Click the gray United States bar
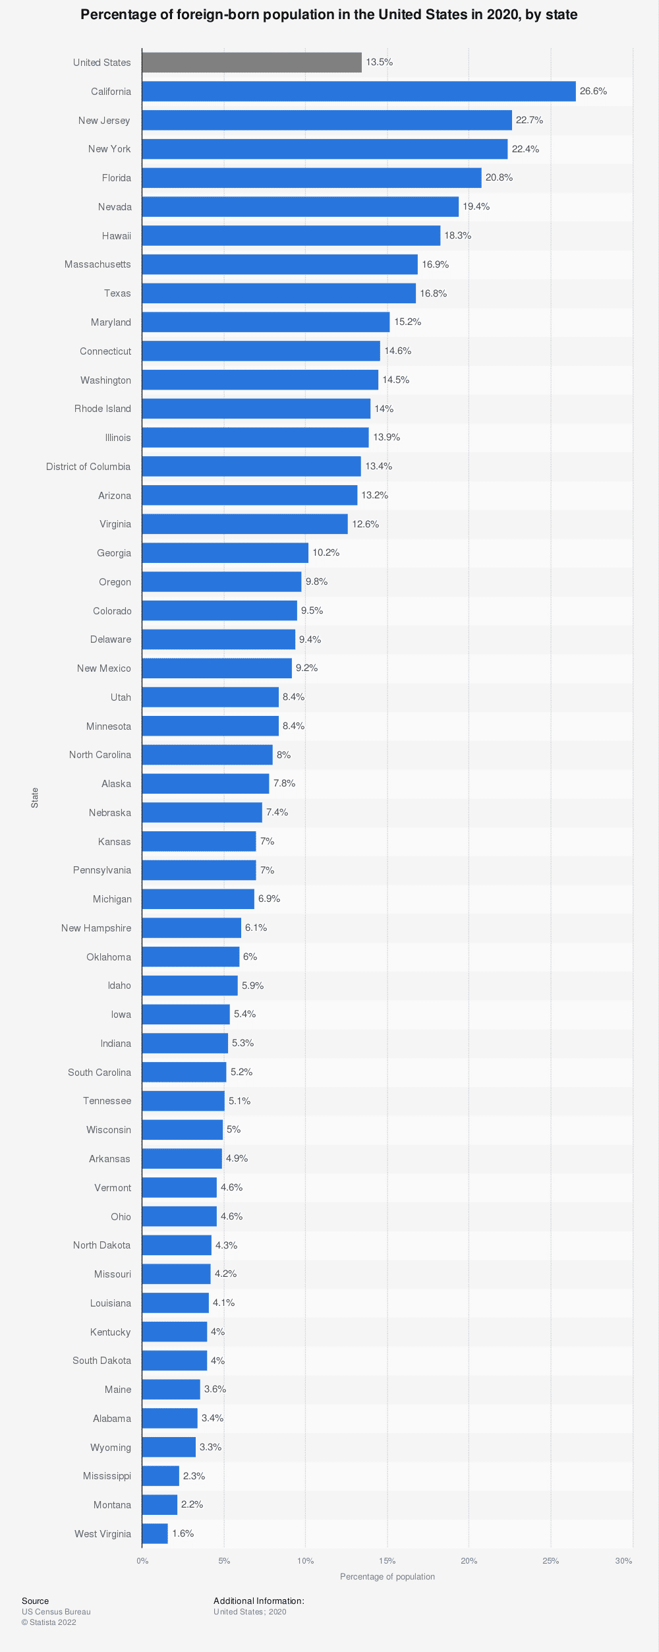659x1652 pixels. [x=252, y=63]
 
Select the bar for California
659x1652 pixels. [x=358, y=92]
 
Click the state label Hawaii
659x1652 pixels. [x=117, y=236]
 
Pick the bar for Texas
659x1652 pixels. [x=279, y=293]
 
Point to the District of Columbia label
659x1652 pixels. [x=88, y=467]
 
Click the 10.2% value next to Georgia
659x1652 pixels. [x=326, y=552]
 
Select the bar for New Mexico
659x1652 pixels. [x=217, y=668]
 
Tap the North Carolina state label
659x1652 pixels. [x=100, y=755]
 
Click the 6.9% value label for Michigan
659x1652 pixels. [x=269, y=899]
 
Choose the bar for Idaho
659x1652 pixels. [x=190, y=986]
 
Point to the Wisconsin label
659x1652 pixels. [x=109, y=1130]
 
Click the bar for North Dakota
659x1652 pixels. [x=177, y=1245]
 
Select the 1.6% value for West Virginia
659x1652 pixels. [x=183, y=1533]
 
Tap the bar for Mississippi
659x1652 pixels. [x=160, y=1476]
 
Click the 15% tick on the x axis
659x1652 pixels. [x=387, y=1560]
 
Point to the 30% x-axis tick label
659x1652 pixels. [x=623, y=1560]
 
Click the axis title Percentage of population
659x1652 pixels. [x=387, y=1576]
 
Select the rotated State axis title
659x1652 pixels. [x=35, y=798]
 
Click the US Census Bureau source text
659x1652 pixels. [x=56, y=1611]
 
